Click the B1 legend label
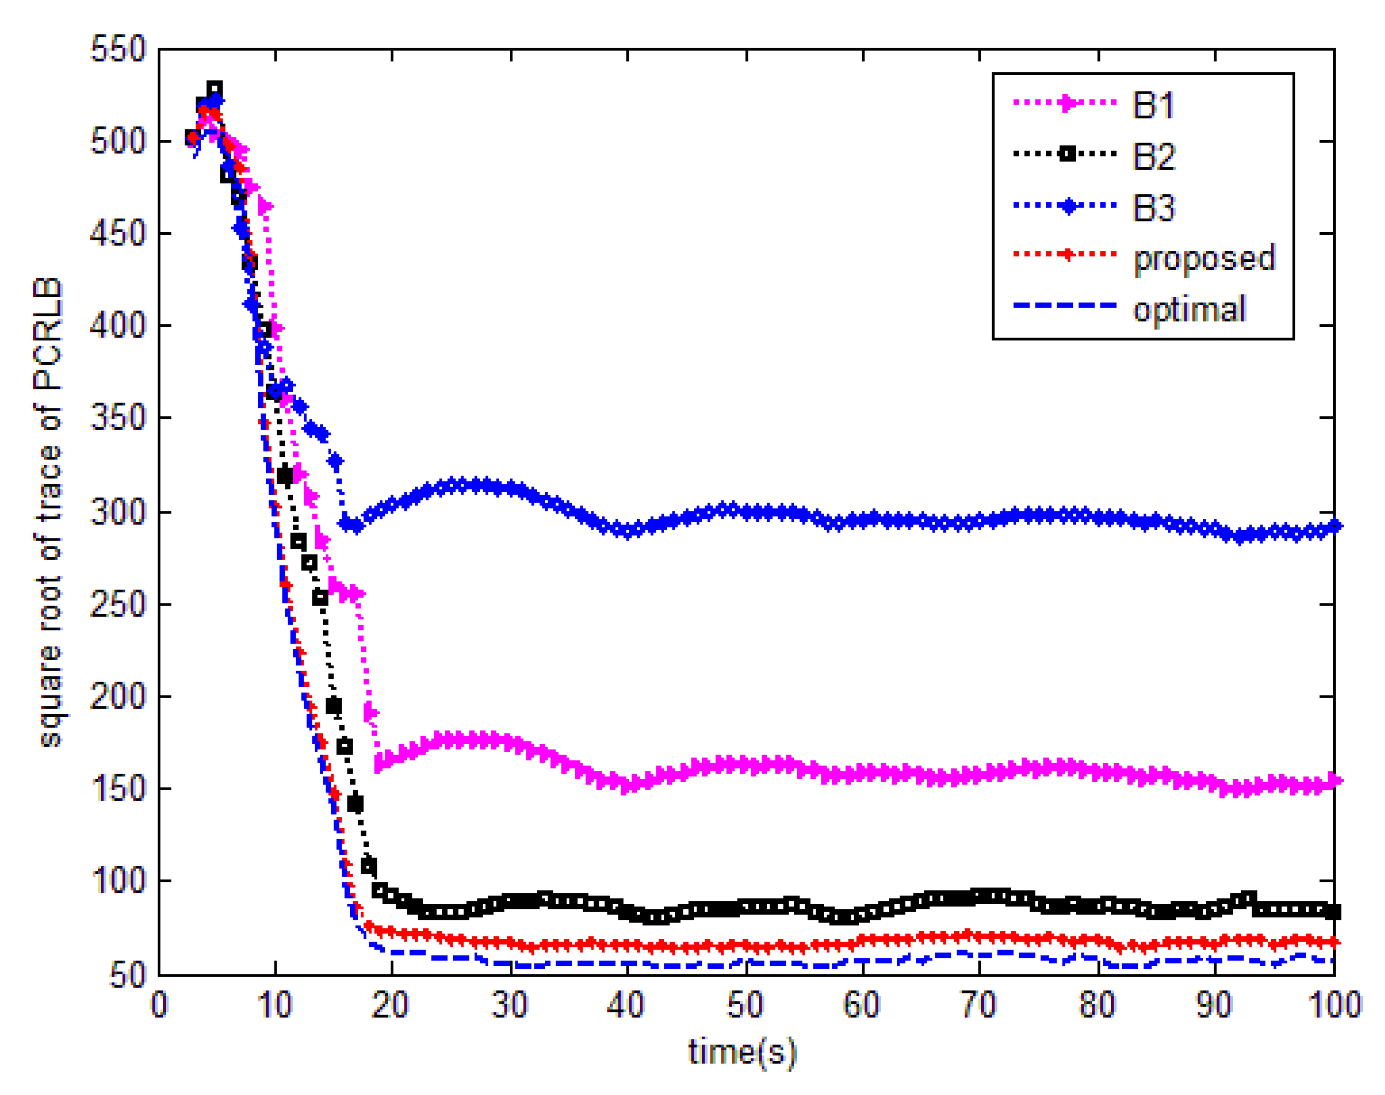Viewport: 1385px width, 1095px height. coord(1152,105)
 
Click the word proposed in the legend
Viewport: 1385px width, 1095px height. coord(1204,259)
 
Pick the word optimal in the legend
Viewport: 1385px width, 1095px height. coord(1189,310)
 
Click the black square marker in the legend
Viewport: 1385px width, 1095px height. coord(1066,154)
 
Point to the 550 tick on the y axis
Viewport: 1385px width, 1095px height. coord(118,50)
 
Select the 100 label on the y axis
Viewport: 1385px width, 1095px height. coord(118,881)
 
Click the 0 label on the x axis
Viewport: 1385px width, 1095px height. coord(159,1005)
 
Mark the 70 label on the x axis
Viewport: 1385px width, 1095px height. coord(979,1005)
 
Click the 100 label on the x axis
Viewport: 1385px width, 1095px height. coord(1334,1005)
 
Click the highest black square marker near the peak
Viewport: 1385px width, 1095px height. coord(214,89)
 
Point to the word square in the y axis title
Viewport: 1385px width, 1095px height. coord(50,705)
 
